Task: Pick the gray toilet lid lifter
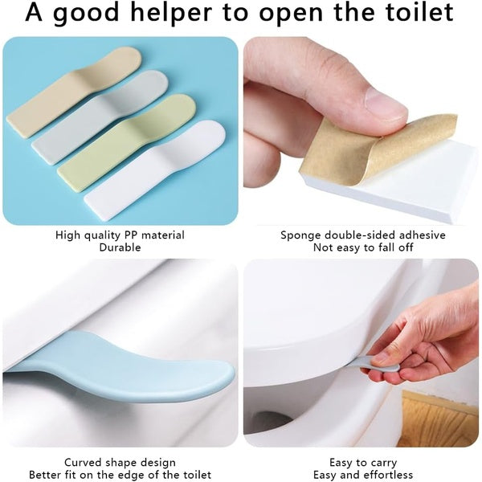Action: [x=100, y=116]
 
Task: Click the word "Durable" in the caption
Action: [x=120, y=248]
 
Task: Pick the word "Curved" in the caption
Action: [x=83, y=463]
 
